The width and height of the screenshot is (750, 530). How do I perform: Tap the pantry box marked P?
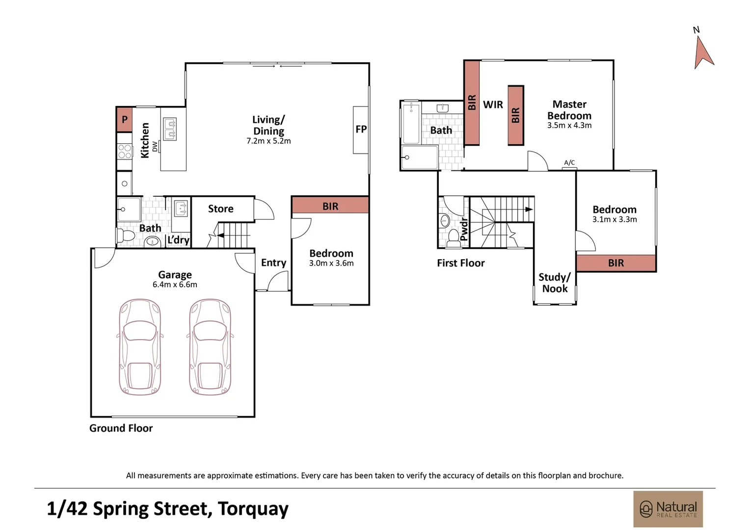[124, 119]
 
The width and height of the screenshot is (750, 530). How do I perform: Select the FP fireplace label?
[361, 129]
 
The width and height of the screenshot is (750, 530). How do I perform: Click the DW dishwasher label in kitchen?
[155, 147]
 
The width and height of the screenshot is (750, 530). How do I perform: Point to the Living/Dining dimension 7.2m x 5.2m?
[268, 141]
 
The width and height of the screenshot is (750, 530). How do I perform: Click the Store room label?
[221, 209]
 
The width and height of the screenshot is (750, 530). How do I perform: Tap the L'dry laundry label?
[179, 239]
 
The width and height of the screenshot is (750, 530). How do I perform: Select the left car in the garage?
[140, 347]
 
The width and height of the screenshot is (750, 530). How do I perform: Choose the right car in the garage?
[210, 347]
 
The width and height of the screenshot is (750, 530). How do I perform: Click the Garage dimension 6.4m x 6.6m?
[175, 285]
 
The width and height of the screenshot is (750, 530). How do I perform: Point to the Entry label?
[273, 263]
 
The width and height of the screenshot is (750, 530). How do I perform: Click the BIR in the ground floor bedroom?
[330, 206]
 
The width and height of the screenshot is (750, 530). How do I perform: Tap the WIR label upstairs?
[493, 105]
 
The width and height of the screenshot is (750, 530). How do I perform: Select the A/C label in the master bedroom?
[569, 163]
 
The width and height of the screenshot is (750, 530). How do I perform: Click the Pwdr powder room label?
[464, 229]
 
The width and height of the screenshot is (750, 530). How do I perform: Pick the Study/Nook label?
[555, 283]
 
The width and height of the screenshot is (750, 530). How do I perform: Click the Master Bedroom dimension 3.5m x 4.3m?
[569, 126]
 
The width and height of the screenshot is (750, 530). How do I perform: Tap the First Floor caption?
[461, 263]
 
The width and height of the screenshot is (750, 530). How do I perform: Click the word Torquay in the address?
[253, 509]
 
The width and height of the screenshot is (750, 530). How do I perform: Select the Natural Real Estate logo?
[668, 509]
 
